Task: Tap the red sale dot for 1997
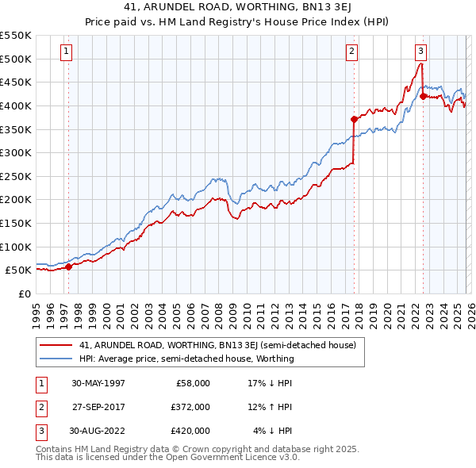click(68, 267)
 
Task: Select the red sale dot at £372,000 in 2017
click(354, 119)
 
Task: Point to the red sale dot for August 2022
click(423, 96)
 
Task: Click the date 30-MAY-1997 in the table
click(98, 383)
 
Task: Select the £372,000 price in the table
click(190, 407)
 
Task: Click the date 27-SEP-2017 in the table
click(98, 407)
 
